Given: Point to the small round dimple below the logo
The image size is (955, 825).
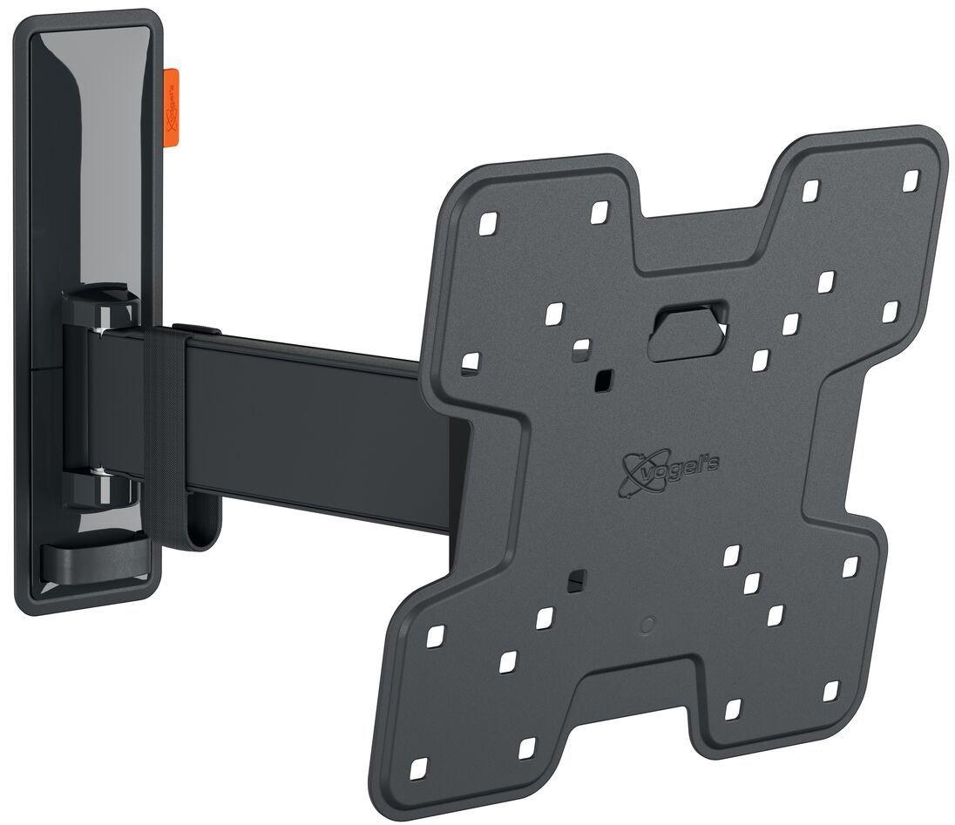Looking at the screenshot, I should pyautogui.click(x=646, y=625).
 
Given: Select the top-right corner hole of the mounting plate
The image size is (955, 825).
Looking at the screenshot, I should pyautogui.click(x=911, y=179).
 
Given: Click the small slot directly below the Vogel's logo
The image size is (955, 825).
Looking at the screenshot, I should pyautogui.click(x=575, y=579).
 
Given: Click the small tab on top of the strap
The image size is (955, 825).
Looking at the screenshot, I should pyautogui.click(x=193, y=328).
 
